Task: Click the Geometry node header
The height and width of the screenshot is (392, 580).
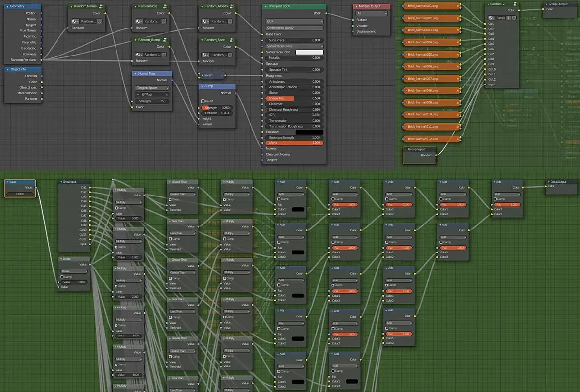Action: coord(22,6)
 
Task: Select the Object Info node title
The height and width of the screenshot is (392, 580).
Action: coord(22,69)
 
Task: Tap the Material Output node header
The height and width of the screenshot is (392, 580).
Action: coord(371,6)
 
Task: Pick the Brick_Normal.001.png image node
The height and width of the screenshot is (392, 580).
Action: coord(431,6)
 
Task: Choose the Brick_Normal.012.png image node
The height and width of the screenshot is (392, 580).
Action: coord(431,139)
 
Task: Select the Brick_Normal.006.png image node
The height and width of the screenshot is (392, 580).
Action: coord(431,66)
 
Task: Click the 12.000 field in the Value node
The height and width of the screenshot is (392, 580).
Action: coord(20,194)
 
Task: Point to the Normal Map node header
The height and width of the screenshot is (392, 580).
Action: coord(151,74)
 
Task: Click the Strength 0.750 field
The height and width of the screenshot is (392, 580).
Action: coord(152,101)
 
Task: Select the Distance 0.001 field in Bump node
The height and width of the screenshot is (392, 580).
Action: coord(217,113)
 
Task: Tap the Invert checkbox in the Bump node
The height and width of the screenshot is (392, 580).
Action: coord(203,101)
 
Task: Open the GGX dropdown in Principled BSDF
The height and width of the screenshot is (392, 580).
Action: coord(294,22)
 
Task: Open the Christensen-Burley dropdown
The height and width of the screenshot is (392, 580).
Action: coord(294,28)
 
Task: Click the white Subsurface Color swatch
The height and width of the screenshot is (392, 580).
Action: coord(309,52)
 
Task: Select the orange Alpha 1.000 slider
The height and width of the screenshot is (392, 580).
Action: coord(294,143)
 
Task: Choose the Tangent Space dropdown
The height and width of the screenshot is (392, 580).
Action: coord(152,88)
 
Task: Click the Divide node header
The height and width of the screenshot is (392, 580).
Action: coord(74,258)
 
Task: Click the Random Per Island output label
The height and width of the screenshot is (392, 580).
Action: coord(24,60)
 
